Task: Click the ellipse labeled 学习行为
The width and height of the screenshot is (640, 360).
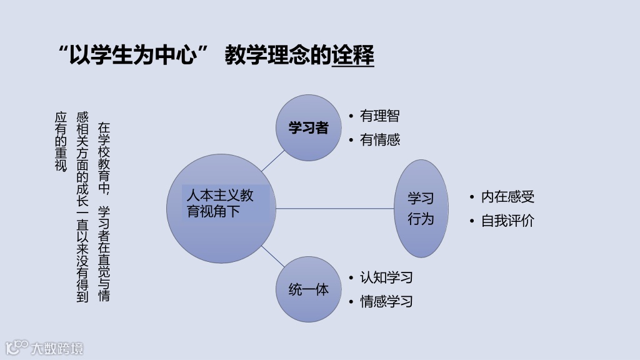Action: pos(421,209)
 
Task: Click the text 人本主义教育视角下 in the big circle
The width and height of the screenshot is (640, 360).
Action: pos(221,203)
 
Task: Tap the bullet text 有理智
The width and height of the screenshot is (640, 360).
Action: pos(379,116)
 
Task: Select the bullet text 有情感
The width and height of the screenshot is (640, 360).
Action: pos(379,139)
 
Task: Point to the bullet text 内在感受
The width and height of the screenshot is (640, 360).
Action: pos(507,197)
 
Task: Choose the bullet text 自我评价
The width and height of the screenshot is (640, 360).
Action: pos(507,221)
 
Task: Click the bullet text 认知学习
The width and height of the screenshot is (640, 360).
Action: pos(386,277)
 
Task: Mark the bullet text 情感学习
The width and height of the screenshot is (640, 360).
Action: pos(386,301)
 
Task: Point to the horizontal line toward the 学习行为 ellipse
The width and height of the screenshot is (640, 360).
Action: pos(334,208)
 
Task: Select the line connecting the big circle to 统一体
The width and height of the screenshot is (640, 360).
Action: pos(272,256)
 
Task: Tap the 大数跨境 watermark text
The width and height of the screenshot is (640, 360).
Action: pos(57,348)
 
